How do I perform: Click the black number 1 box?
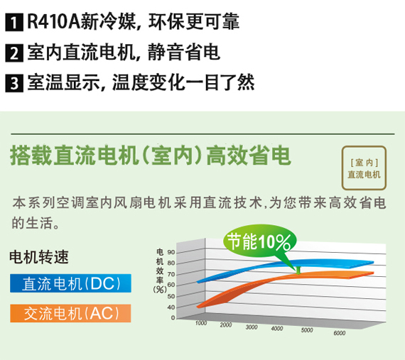14,23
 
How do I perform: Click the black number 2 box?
14,53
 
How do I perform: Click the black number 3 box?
14,83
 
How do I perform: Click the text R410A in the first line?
53,22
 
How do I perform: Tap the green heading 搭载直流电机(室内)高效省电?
151,156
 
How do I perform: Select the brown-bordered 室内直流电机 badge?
364,168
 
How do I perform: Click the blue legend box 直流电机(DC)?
70,283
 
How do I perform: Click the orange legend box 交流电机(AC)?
70,313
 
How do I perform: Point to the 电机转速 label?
39,257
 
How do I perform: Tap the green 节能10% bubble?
259,242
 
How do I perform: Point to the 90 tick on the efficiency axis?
171,252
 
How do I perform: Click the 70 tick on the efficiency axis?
171,274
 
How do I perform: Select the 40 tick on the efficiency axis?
171,307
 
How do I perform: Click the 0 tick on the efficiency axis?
173,318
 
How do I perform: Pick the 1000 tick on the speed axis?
201,323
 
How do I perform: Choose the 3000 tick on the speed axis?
252,327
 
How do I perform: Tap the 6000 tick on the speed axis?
340,333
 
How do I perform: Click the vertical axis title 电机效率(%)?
160,271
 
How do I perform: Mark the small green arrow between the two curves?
298,271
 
